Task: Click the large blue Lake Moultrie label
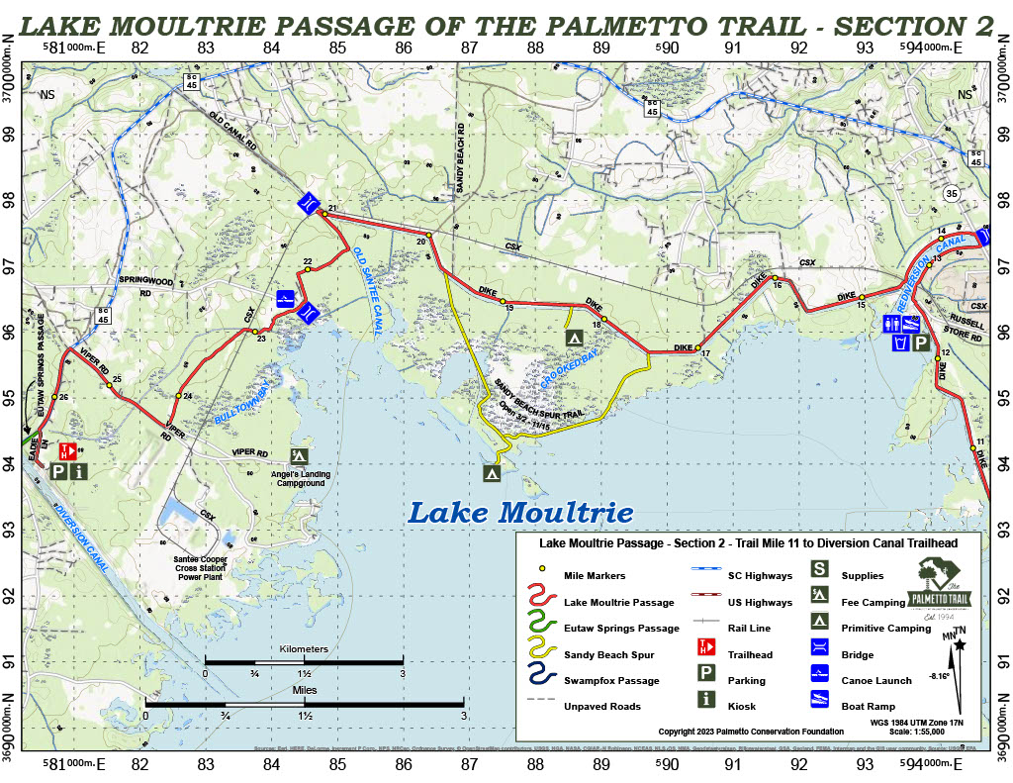[x=520, y=514]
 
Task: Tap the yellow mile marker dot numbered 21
[x=324, y=213]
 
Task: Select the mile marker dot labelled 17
[x=697, y=347]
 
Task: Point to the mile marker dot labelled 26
[x=54, y=397]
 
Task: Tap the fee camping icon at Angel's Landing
[x=298, y=455]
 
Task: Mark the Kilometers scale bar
[x=304, y=660]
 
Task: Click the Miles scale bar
[x=304, y=703]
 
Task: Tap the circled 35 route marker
[x=953, y=192]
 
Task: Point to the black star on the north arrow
[x=960, y=644]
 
